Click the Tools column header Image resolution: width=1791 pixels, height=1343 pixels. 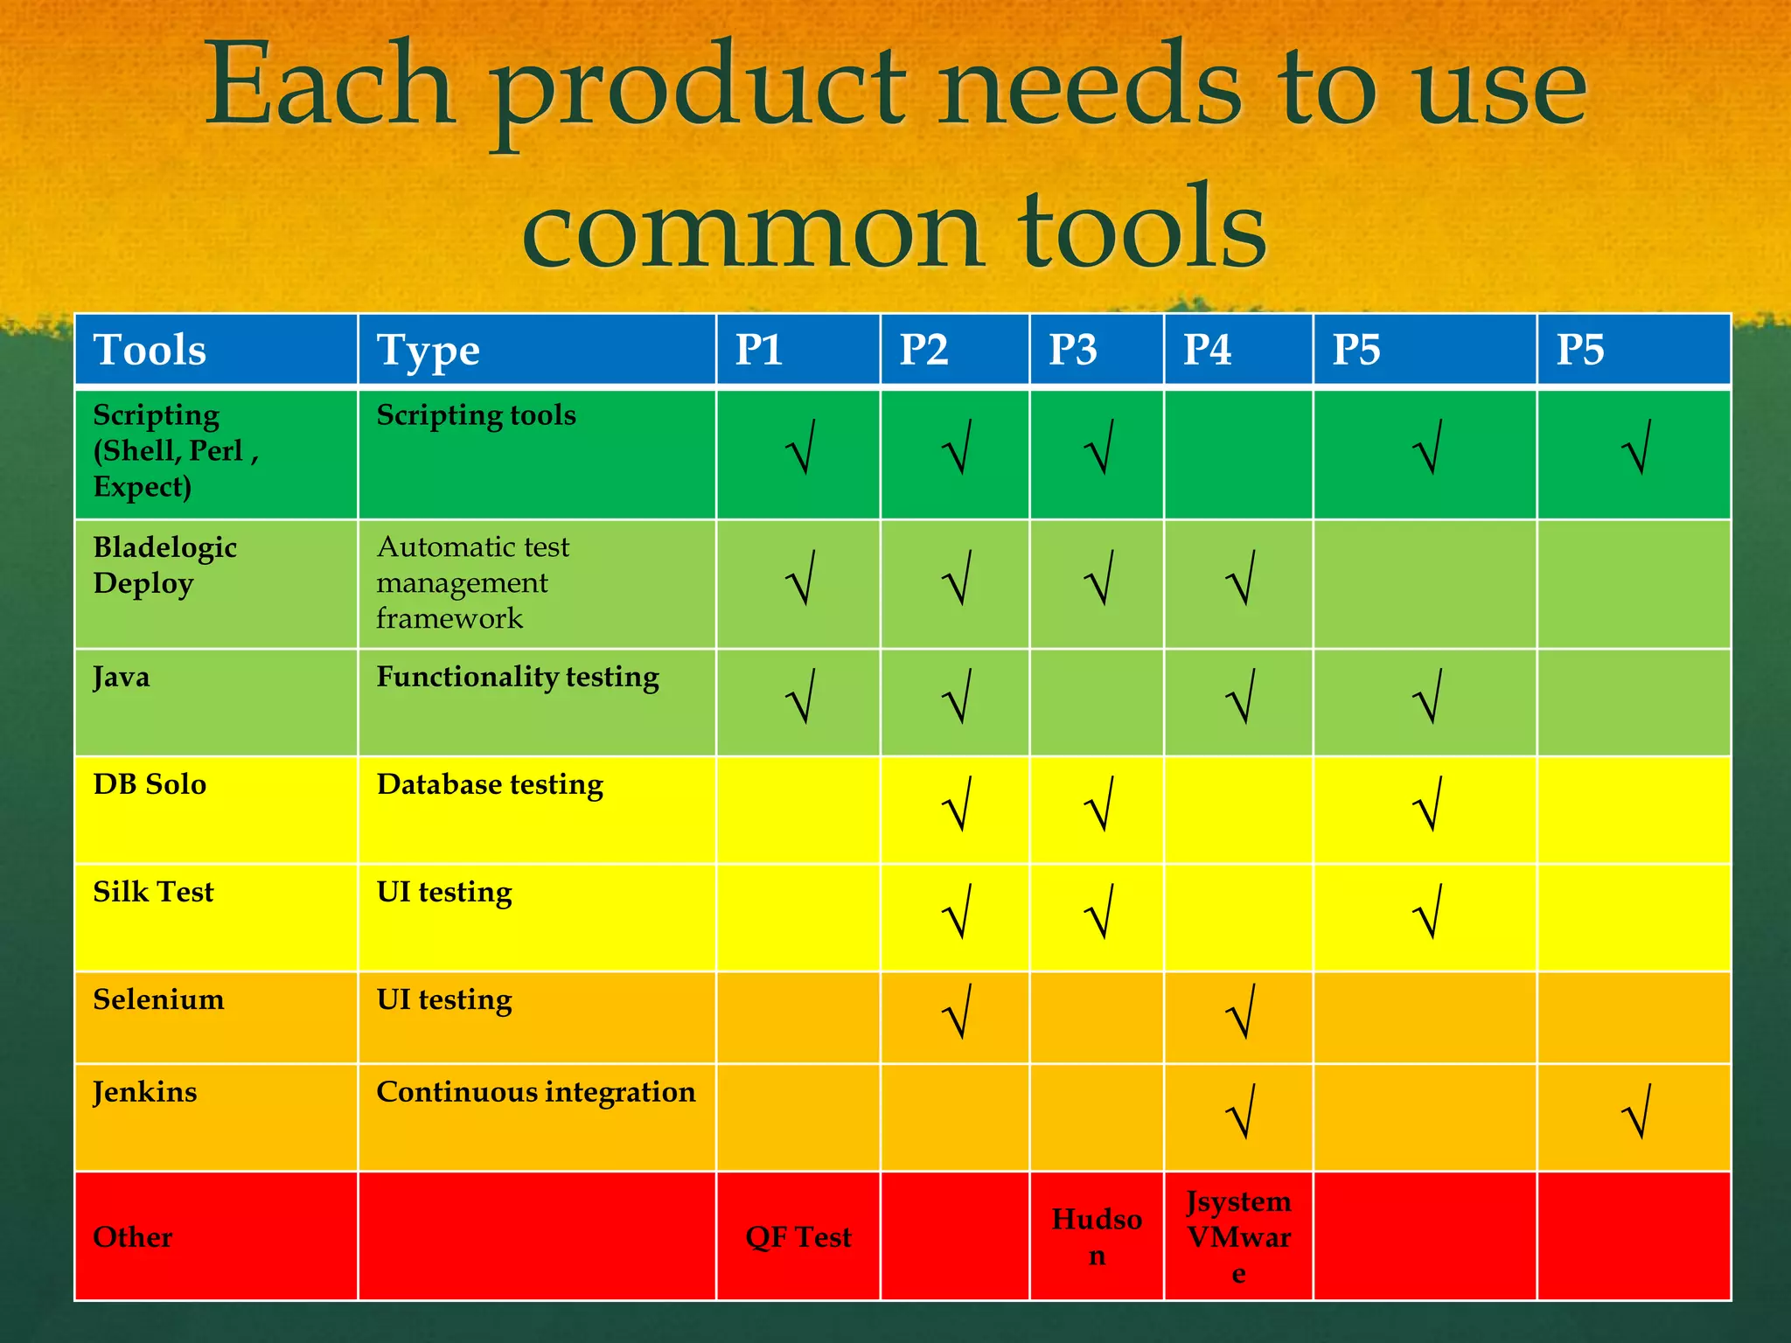[x=150, y=350]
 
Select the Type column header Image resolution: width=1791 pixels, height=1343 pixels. [x=428, y=351]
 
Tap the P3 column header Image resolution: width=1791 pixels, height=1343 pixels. [x=1072, y=350]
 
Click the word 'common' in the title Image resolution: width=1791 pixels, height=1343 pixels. [x=751, y=229]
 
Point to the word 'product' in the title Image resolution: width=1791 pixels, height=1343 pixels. [x=699, y=91]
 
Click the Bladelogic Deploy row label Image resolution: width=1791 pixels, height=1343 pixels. [x=164, y=565]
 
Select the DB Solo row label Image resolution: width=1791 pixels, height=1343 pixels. [x=150, y=784]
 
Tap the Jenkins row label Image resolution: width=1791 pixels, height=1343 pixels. [x=145, y=1092]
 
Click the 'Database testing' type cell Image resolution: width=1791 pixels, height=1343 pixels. [x=490, y=784]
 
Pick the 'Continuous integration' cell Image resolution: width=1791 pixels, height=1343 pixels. [x=535, y=1092]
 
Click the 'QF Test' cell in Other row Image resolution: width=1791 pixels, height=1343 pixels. [x=798, y=1237]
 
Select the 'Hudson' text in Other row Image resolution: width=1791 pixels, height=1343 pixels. [x=1097, y=1236]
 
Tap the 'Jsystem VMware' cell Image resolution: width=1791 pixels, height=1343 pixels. [x=1238, y=1236]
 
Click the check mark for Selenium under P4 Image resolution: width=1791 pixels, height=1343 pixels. [x=1241, y=1012]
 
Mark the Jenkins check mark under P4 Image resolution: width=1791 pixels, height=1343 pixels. [x=1241, y=1111]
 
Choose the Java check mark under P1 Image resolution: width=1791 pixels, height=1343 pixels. [x=800, y=696]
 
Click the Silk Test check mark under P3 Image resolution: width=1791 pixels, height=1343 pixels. [x=1099, y=911]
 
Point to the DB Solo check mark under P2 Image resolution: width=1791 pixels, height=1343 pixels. [x=958, y=804]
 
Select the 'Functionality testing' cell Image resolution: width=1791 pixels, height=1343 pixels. [x=518, y=677]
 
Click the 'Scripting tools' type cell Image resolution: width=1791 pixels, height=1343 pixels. [x=476, y=414]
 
